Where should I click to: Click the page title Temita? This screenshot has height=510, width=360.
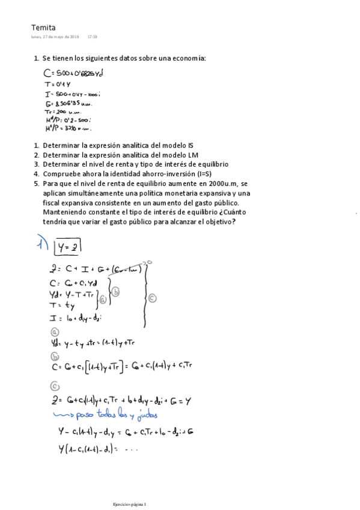click(x=43, y=27)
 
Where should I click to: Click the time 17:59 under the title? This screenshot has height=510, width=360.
click(x=92, y=37)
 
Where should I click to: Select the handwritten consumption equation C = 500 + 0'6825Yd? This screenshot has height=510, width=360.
click(x=74, y=73)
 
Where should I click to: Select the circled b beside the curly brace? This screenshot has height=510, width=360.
click(x=116, y=292)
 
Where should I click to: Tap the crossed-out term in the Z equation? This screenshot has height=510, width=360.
click(x=127, y=269)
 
